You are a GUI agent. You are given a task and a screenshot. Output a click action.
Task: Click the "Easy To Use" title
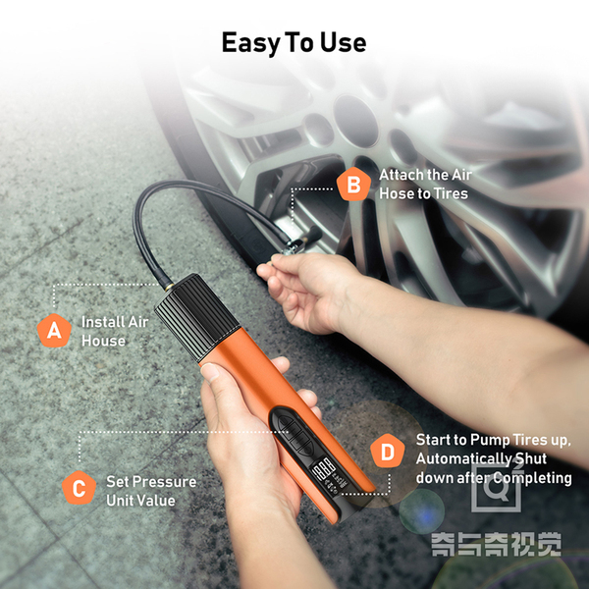294,43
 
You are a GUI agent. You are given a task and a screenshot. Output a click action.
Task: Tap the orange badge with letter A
54,331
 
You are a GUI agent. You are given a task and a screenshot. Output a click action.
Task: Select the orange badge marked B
353,185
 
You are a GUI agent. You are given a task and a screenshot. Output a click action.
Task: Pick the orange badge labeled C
79,488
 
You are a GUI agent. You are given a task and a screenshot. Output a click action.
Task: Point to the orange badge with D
388,451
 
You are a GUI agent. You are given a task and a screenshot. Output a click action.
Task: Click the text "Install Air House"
115,332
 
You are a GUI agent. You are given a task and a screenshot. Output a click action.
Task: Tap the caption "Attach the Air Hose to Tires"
425,185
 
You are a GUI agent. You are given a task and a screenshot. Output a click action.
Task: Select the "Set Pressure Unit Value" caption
151,491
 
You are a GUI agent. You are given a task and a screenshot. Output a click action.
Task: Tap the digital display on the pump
324,468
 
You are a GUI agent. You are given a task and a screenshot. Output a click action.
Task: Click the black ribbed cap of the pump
197,317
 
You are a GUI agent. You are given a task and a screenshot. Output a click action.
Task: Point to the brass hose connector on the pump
168,288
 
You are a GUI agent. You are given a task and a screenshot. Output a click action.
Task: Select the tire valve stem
311,237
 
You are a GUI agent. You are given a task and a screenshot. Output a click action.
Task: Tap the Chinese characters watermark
496,544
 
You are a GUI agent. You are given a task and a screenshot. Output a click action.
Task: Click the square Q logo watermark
496,487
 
